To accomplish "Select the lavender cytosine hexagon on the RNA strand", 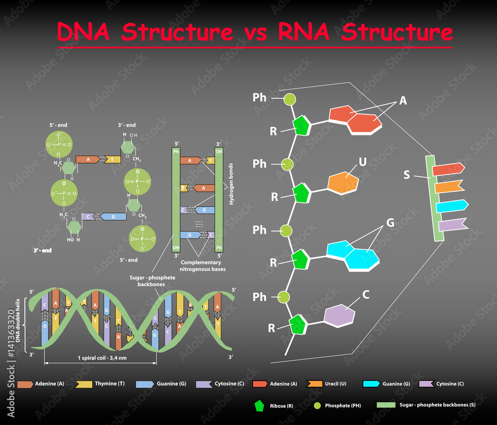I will tap(339, 316).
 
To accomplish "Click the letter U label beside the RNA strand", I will tap(363, 162).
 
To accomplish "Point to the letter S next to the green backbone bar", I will tap(407, 175).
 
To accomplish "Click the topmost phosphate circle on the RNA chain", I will tap(289, 99).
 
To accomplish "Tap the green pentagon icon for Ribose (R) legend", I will tap(259, 405).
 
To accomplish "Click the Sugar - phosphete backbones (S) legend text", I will tap(437, 405).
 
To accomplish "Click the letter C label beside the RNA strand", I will tap(366, 295).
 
